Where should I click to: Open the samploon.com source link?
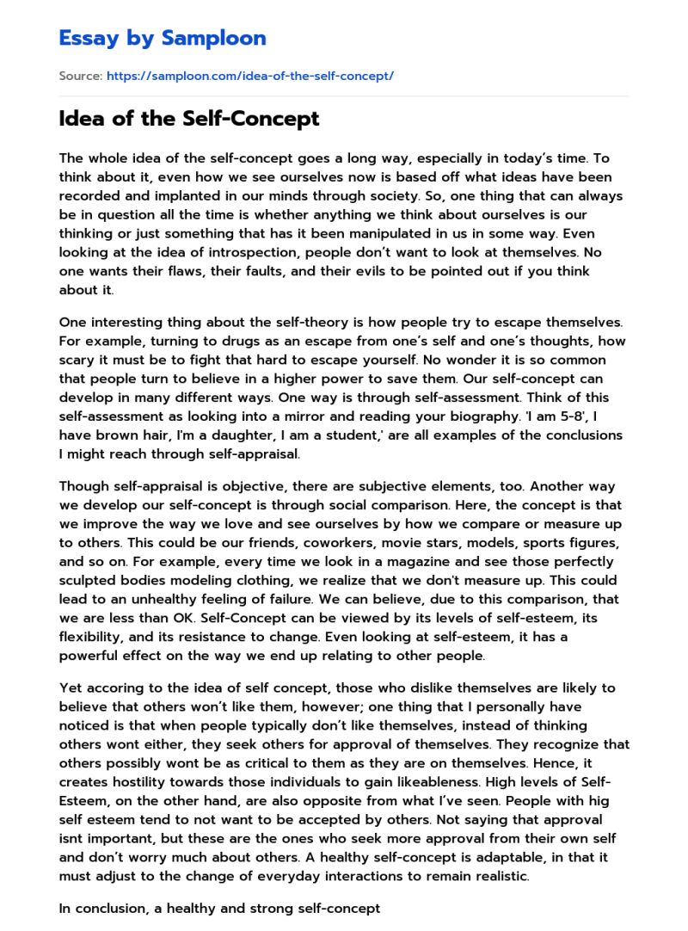pyautogui.click(x=249, y=76)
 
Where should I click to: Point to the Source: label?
pyautogui.click(x=80, y=76)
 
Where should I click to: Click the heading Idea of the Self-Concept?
pyautogui.click(x=189, y=119)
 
